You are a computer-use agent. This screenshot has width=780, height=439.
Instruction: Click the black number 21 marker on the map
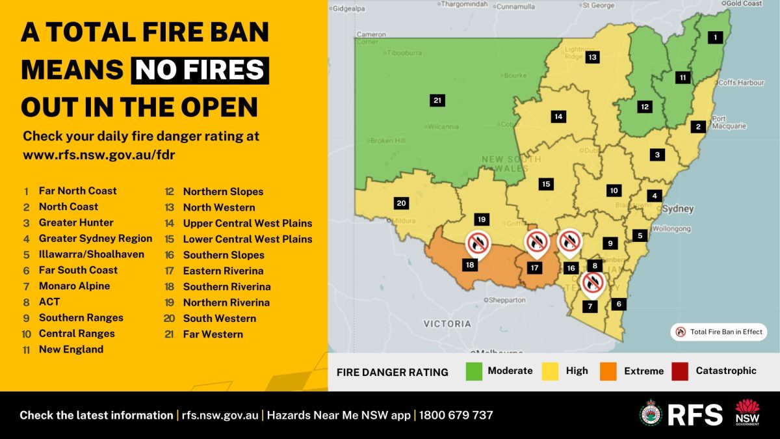437,100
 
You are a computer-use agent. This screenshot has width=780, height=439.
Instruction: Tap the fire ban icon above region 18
477,243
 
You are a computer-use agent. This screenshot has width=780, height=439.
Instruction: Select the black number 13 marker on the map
592,57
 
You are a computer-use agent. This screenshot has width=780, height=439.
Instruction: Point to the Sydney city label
677,209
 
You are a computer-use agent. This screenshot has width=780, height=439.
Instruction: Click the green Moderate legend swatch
474,371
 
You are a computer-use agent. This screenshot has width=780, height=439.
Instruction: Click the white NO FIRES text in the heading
200,70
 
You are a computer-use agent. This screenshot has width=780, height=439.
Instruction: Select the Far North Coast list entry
77,191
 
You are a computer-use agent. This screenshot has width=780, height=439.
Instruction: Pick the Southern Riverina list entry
226,287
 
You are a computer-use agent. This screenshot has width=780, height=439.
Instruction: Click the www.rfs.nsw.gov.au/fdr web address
98,155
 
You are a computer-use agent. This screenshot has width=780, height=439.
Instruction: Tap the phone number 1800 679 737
456,415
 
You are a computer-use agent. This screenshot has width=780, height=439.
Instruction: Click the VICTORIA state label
447,323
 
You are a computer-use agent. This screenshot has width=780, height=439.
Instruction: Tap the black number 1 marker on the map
716,37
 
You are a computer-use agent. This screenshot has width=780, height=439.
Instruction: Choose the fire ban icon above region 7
592,283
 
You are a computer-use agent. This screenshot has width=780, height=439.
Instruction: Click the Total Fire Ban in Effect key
719,332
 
